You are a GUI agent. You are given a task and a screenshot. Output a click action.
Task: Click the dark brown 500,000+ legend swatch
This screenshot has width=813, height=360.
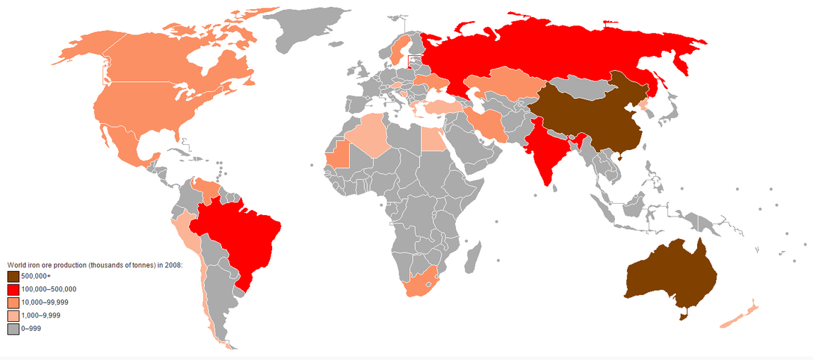pos(13,276)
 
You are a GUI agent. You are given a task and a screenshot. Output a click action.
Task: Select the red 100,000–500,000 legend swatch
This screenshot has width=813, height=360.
pos(13,289)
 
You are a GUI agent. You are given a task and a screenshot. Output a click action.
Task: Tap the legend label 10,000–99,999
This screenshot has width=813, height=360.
pos(45,303)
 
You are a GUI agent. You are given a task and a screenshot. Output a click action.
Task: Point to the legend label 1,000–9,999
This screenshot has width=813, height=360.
pos(43,315)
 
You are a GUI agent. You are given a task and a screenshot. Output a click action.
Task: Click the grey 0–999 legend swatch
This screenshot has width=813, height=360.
pos(13,329)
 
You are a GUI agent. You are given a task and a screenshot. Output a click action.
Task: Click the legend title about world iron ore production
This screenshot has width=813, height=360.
pos(95,265)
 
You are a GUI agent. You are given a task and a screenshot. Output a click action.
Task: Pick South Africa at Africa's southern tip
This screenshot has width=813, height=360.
pos(421,283)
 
